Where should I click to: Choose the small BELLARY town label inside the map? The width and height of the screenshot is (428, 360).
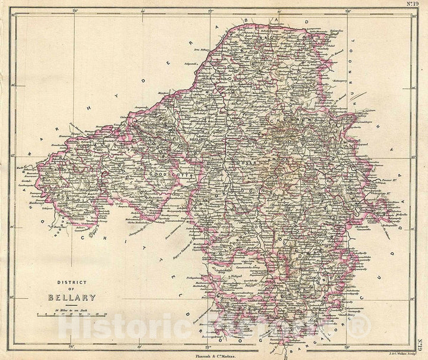pos(196,136)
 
